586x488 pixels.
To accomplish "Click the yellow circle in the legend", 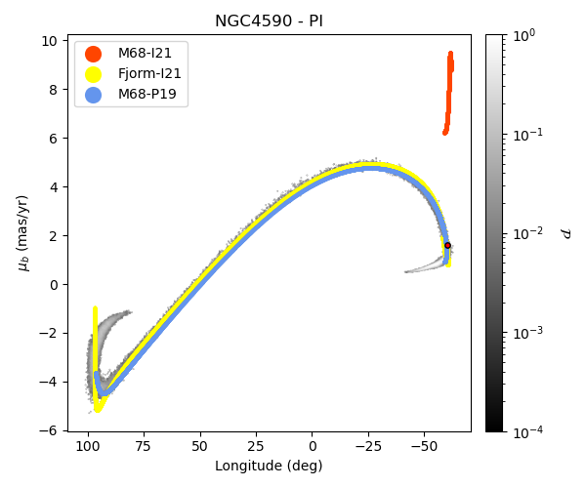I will tap(93, 74).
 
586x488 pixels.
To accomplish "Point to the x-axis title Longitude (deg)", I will tap(269, 466).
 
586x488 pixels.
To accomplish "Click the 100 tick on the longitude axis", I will tap(89, 445).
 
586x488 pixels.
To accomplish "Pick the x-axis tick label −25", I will tap(367, 445).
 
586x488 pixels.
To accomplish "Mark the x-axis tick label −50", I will tap(424, 445).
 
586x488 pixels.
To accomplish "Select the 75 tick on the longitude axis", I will tap(145, 445).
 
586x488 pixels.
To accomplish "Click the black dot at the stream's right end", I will tap(447, 246).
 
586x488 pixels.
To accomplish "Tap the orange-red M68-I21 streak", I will tap(449, 93).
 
